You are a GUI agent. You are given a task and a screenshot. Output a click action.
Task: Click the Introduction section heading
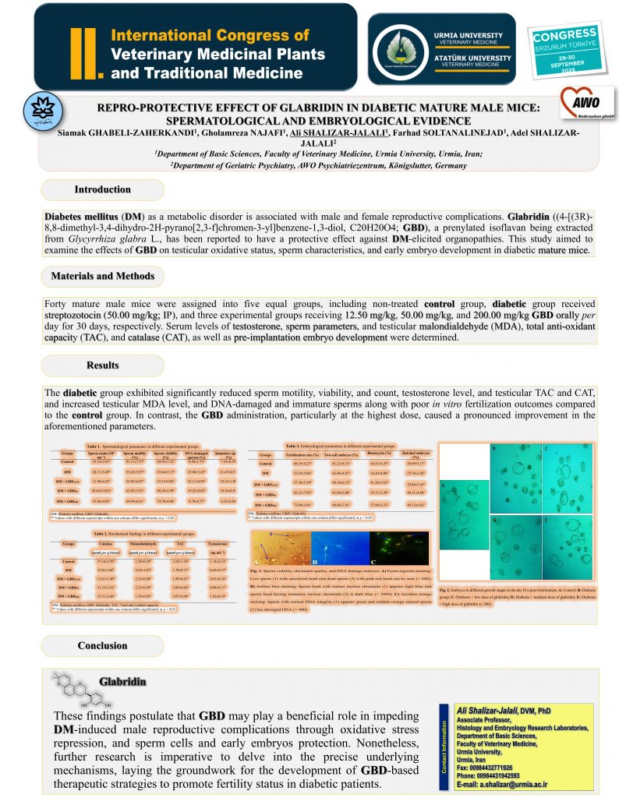pos(102,190)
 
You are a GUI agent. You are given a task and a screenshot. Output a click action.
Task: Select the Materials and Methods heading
pos(102,277)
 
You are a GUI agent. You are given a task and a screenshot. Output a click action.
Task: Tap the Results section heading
pos(102,365)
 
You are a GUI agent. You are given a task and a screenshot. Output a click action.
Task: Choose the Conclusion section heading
pos(102,646)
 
